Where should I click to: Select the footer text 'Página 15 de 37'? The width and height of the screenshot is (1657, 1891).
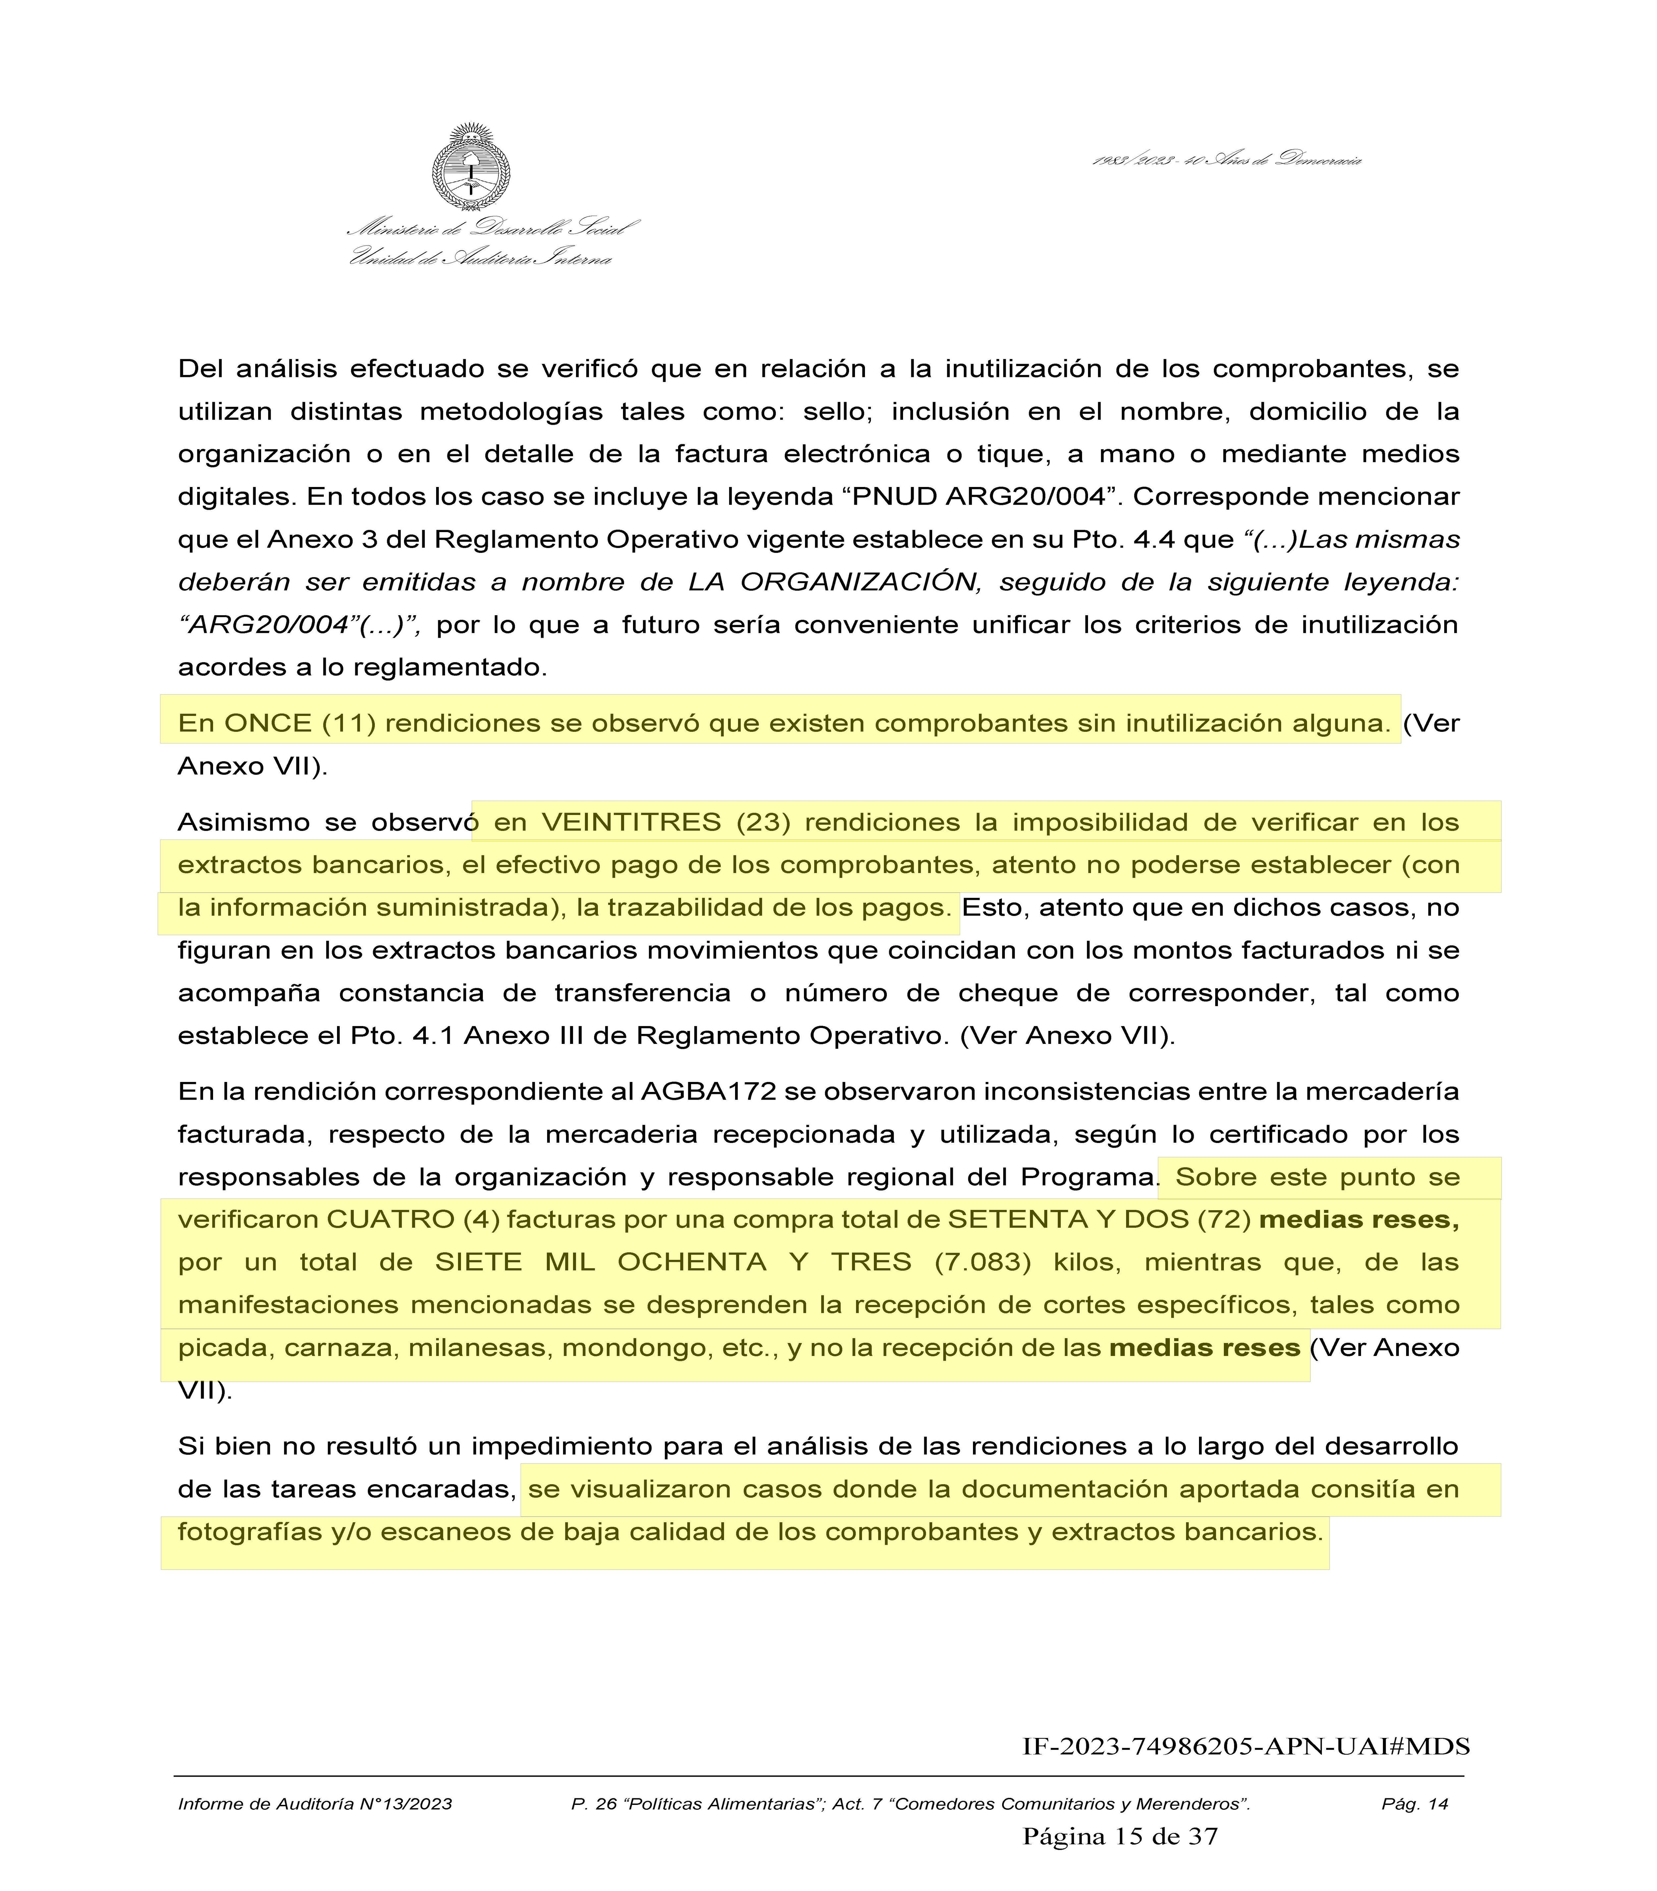(x=1120, y=1836)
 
